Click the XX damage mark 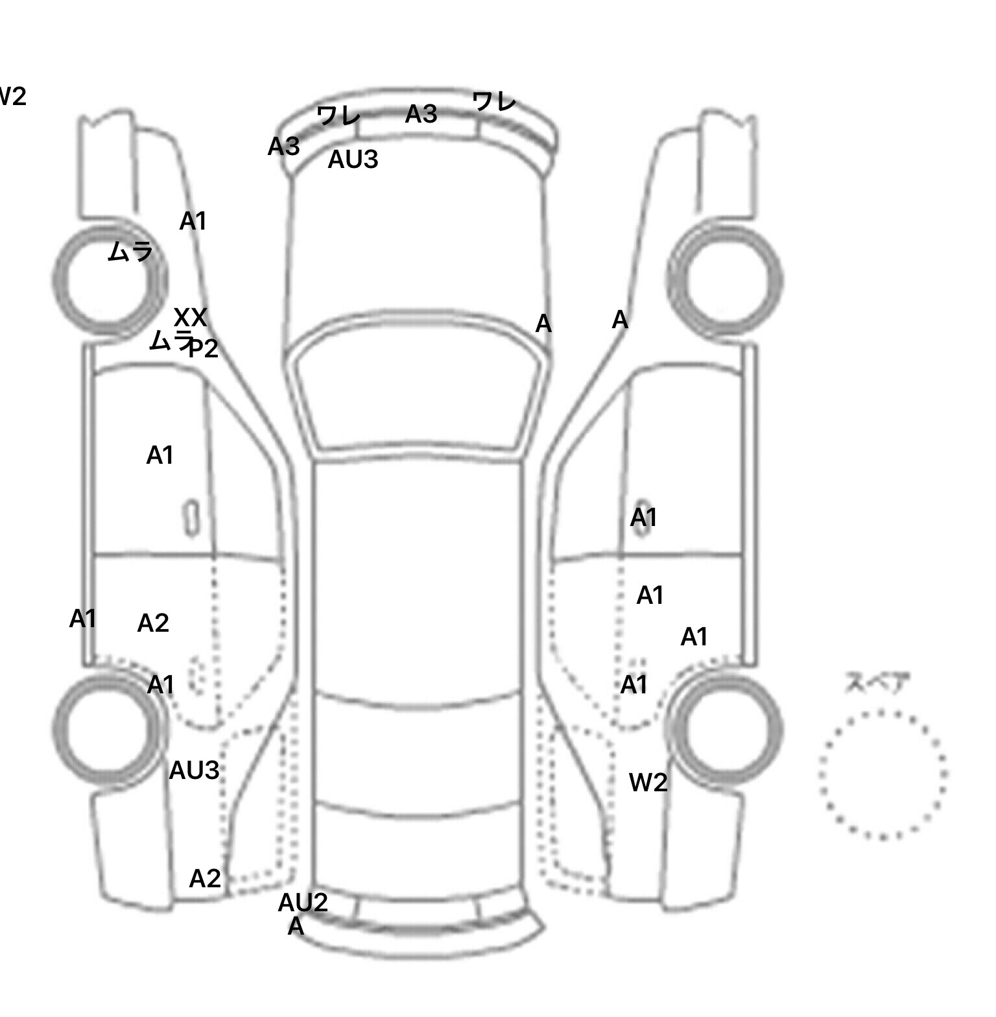(191, 318)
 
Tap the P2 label (204, 349)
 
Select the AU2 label (303, 902)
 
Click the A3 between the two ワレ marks (421, 115)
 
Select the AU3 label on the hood (353, 160)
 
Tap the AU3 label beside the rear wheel (194, 771)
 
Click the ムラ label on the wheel (130, 252)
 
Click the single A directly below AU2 (296, 926)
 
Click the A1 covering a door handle (644, 518)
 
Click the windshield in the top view (419, 396)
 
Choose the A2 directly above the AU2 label (205, 879)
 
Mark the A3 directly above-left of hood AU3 (284, 147)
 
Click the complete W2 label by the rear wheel (648, 783)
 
